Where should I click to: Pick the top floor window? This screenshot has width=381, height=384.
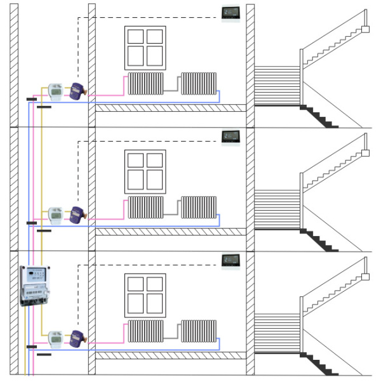(x=145, y=47)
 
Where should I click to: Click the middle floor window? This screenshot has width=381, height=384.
(x=145, y=171)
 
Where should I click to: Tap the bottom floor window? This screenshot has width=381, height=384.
(x=145, y=295)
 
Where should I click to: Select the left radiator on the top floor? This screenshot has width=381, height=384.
(x=146, y=83)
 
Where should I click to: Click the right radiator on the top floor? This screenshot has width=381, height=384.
(x=199, y=83)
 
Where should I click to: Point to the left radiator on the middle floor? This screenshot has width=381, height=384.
(x=146, y=207)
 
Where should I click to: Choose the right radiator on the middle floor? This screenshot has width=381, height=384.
(x=199, y=207)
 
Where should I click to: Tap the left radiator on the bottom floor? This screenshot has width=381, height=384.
(x=146, y=331)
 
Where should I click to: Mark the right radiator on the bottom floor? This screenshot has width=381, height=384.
(x=199, y=331)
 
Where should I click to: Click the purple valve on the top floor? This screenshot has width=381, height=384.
(x=78, y=91)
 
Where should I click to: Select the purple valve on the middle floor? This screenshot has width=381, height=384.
(x=78, y=214)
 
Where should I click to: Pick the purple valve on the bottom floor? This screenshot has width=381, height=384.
(x=78, y=338)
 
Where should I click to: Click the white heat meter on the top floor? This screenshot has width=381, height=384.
(x=56, y=91)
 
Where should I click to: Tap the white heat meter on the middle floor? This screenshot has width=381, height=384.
(x=56, y=215)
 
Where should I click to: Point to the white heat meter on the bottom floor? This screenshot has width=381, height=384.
(x=56, y=338)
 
